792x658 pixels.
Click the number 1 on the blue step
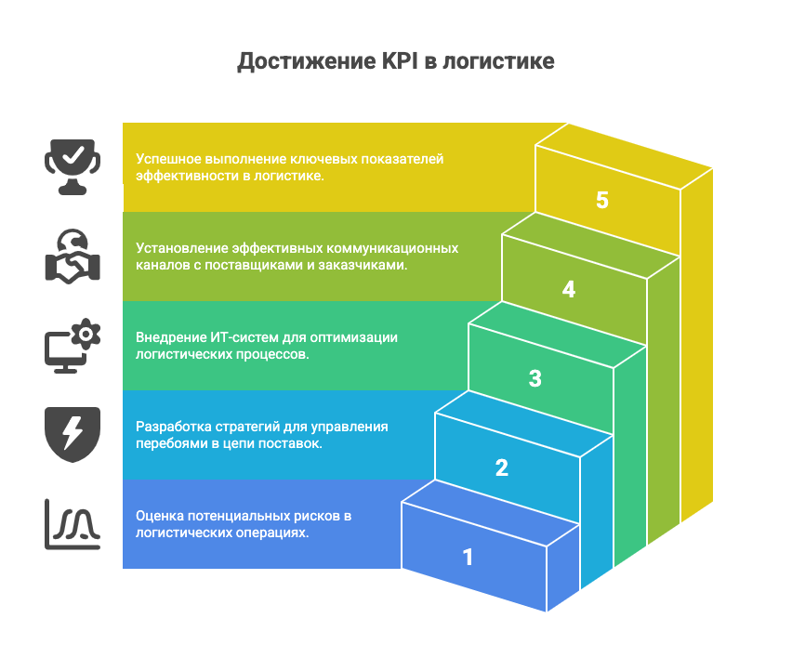click(469, 557)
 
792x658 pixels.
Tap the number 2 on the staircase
click(502, 467)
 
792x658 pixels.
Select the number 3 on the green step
click(535, 378)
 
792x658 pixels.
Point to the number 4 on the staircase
click(569, 289)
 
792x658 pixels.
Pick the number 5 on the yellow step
click(602, 200)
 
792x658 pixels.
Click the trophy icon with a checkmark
click(73, 165)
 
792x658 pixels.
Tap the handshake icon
click(73, 256)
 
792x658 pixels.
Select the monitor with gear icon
click(73, 345)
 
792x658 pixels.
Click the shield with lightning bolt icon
click(73, 434)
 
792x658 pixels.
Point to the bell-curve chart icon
click(73, 523)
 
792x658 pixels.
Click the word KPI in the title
click(403, 62)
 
